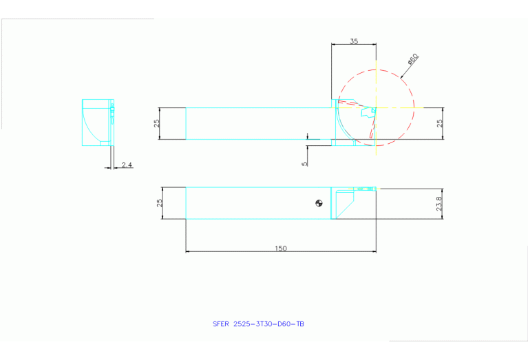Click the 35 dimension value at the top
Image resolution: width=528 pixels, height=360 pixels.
click(353, 41)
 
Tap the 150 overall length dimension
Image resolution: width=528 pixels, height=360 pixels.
click(281, 248)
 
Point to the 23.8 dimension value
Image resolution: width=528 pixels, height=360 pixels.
click(439, 204)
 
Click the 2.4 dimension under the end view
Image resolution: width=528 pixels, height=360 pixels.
click(127, 165)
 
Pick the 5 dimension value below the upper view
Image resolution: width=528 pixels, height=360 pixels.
click(304, 162)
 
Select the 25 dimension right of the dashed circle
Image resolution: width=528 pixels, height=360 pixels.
click(439, 124)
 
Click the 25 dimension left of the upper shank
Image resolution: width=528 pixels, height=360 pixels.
click(157, 124)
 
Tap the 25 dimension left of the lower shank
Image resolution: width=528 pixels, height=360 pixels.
click(160, 204)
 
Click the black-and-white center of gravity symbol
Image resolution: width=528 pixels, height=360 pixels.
click(318, 202)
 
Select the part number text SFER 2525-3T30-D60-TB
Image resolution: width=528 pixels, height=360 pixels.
click(258, 323)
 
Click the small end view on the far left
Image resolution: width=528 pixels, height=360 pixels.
click(97, 122)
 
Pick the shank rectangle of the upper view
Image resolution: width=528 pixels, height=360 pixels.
click(258, 124)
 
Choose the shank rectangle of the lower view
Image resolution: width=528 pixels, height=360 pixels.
click(258, 204)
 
